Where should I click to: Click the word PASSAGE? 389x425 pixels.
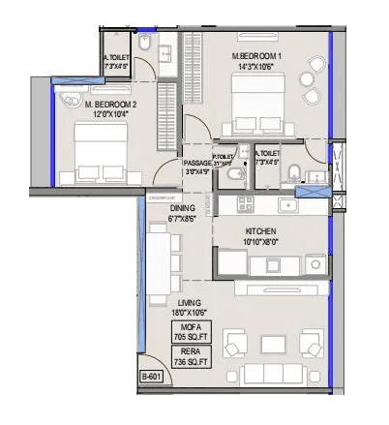pyautogui.click(x=197, y=163)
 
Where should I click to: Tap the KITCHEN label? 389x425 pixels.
pyautogui.click(x=261, y=231)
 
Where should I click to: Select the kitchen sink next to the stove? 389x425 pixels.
pyautogui.click(x=288, y=205)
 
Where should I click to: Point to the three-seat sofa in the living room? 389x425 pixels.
pyautogui.click(x=268, y=375)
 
